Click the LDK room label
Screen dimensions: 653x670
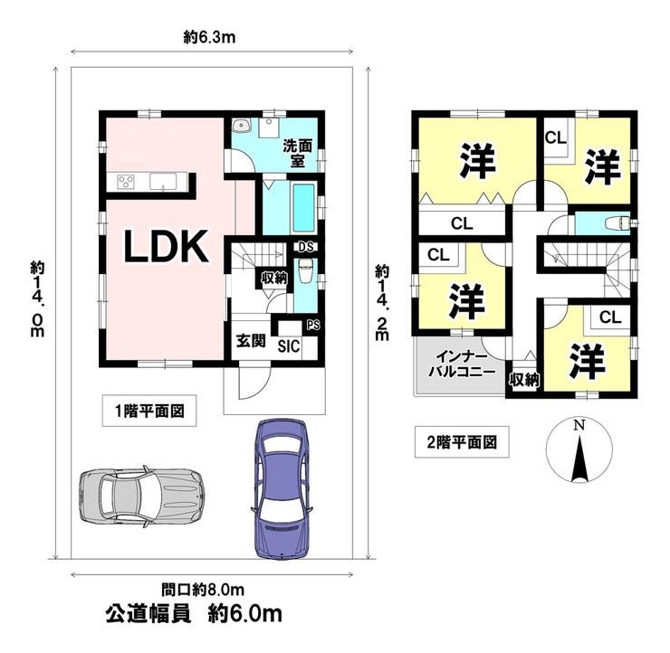[x=167, y=246]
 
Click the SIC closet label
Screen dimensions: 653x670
[x=289, y=345]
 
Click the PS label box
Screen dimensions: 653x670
[x=312, y=325]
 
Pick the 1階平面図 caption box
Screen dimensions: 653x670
[x=149, y=412]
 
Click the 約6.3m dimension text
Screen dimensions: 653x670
[x=209, y=37]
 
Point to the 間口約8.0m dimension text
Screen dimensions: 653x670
[x=204, y=591]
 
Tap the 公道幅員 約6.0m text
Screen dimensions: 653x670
[x=192, y=614]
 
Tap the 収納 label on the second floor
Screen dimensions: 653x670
[x=524, y=380]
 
